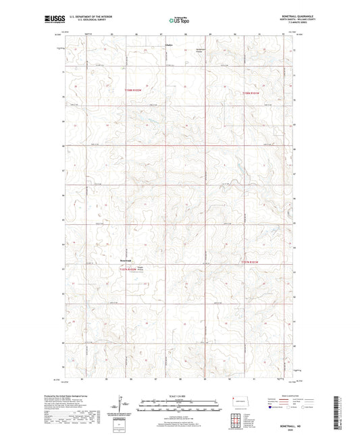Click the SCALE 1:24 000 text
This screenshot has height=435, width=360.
[x=180, y=396]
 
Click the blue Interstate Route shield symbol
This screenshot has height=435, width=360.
[x=272, y=408]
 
